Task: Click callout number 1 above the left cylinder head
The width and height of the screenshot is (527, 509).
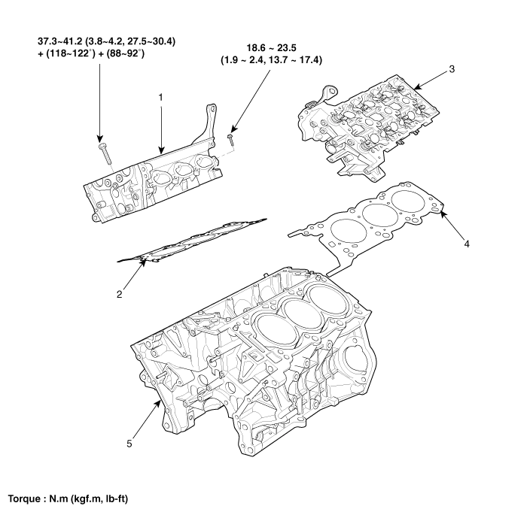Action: point(160,96)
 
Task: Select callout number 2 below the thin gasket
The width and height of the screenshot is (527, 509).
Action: point(119,295)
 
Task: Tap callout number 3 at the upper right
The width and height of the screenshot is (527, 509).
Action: point(451,68)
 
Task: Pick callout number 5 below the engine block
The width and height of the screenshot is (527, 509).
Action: point(129,444)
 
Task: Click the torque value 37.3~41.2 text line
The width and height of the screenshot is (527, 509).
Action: point(106,41)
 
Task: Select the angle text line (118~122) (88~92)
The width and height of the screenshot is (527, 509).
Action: point(90,53)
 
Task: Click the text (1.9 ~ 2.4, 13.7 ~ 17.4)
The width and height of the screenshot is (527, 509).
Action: point(271,59)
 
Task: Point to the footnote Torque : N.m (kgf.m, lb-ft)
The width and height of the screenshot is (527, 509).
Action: point(69,498)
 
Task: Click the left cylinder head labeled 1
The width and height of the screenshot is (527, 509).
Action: point(151,184)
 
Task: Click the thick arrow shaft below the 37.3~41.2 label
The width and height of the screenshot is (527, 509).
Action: point(99,98)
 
